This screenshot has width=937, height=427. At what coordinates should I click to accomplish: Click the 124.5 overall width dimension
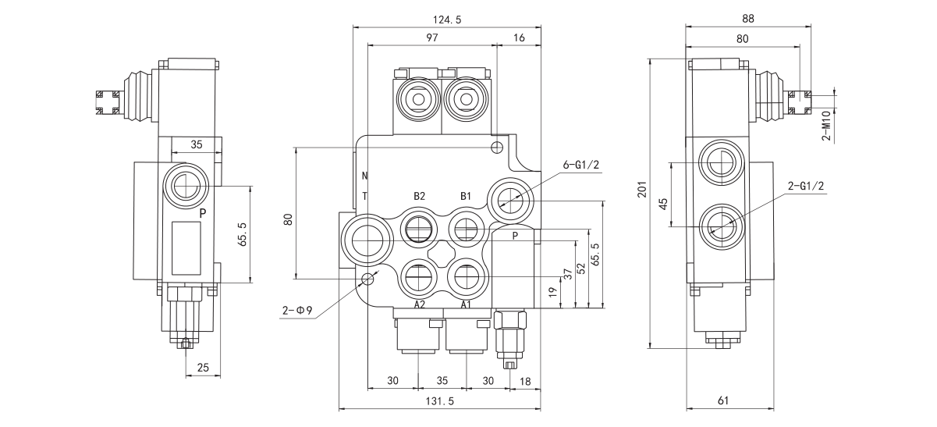coord(446,20)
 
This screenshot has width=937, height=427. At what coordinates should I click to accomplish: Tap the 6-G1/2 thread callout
coord(582,165)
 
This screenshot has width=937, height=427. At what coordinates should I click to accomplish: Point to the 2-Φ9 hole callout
coord(298,311)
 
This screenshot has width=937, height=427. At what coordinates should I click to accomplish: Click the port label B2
coord(420,196)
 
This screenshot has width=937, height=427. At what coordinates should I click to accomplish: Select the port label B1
coord(467,196)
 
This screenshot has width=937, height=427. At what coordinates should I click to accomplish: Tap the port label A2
coord(420,304)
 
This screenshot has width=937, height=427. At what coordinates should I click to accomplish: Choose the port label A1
coord(467,304)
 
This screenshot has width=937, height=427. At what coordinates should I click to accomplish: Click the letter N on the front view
coord(364,176)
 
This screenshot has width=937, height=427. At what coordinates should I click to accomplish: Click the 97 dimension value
coord(431,37)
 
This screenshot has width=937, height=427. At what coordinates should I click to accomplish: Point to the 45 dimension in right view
coord(664,203)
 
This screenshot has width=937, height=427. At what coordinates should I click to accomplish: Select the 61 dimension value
coord(722,401)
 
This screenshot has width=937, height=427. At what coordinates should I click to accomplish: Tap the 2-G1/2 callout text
coord(806,186)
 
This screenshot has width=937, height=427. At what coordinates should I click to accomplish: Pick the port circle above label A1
coord(467,275)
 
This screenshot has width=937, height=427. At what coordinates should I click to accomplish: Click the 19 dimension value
coord(552,293)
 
